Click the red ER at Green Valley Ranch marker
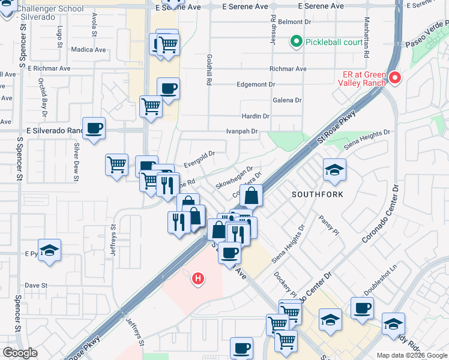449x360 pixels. [x=395, y=78]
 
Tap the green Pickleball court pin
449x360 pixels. [x=295, y=42]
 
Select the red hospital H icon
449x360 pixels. [x=197, y=278]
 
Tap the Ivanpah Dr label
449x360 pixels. [x=242, y=131]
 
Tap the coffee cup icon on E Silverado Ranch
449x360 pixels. [x=94, y=128]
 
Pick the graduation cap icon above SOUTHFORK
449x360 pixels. [x=334, y=170]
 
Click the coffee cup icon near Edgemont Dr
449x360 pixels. [x=168, y=89]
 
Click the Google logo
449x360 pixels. [x=20, y=353]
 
